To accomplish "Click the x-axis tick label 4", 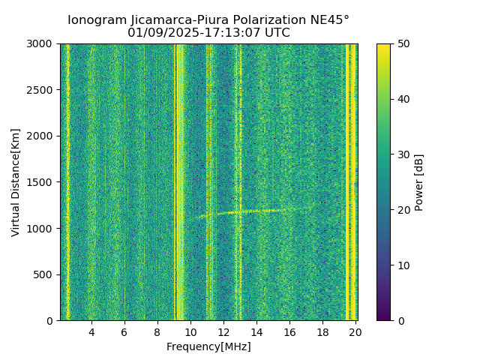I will pyautogui.click(x=91, y=332).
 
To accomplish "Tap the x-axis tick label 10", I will pyautogui.click(x=190, y=332).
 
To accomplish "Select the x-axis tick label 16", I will pyautogui.click(x=289, y=332).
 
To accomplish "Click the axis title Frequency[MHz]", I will pyautogui.click(x=208, y=346).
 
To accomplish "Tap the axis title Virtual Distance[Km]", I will pyautogui.click(x=16, y=182).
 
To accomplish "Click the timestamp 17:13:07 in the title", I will pyautogui.click(x=223, y=33).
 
